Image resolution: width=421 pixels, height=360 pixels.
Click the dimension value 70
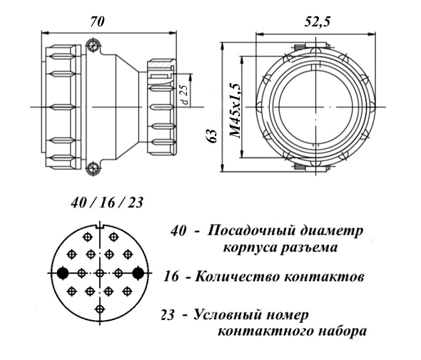point(96,21)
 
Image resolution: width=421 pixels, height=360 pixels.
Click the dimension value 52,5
point(317,22)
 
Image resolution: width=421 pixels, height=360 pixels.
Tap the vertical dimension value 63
point(213,136)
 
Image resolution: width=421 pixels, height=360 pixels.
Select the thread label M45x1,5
point(235,110)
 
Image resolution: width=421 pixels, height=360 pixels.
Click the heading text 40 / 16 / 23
point(107,202)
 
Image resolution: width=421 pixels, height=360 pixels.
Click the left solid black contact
point(63,273)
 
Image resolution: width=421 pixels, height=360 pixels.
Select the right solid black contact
point(138,273)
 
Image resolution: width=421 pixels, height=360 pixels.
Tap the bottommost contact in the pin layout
point(100,309)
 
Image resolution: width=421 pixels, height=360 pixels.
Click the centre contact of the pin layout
point(100,273)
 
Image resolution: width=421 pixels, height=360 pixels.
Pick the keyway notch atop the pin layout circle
point(100,226)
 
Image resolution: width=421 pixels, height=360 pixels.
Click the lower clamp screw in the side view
point(93,168)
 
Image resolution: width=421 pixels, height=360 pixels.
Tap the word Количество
point(237,277)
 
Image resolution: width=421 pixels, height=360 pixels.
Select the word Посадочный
point(250,231)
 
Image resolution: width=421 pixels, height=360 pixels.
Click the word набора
point(343,331)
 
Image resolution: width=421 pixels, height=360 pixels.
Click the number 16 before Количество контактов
point(171,277)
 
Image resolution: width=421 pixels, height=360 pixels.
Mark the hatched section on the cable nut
point(161,65)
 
